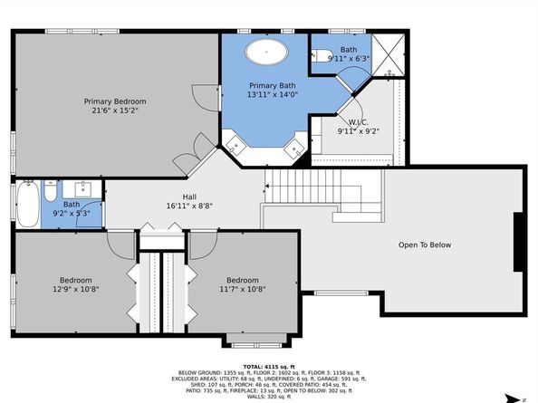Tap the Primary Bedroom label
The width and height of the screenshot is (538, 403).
click(115, 101)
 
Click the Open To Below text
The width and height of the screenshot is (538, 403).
click(425, 245)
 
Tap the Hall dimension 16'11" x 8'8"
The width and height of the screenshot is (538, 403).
click(189, 206)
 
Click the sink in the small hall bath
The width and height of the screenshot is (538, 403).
click(82, 188)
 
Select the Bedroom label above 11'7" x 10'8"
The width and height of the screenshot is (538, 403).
click(243, 280)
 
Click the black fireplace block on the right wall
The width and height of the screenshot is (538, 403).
click(518, 242)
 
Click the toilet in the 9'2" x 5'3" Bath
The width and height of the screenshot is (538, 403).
click(50, 191)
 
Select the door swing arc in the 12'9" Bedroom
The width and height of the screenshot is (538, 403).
click(120, 245)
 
